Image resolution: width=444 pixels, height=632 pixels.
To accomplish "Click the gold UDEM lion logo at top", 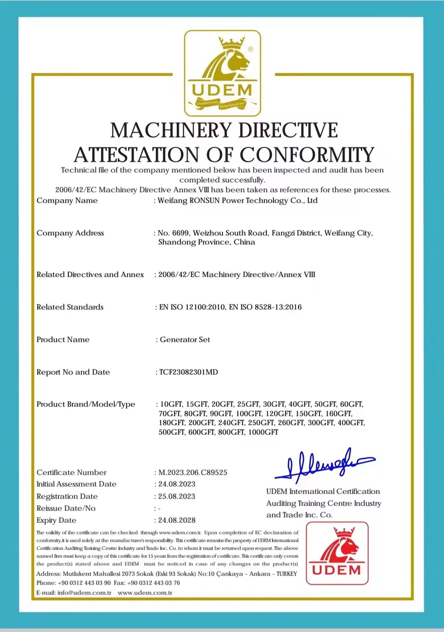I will pos(222,73).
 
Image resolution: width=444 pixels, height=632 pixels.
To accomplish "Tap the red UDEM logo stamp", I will pos(337,553).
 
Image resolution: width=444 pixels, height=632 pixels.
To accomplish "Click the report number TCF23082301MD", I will pos(188,372).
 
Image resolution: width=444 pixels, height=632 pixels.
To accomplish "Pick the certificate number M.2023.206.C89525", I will pos(193,472).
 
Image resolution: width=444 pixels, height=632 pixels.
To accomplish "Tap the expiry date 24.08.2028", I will pos(177,520).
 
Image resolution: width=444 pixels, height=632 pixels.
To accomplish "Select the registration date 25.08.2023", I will pos(177,496).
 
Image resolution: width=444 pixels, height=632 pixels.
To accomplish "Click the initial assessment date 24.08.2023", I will pos(177,484).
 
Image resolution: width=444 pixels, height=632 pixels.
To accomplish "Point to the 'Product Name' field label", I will pos(63,340).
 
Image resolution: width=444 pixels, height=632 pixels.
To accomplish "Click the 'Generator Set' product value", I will pos(185,340).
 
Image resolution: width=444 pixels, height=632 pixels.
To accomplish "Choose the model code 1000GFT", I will pos(263,432).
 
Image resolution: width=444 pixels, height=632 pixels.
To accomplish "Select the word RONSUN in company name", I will pos(204,201).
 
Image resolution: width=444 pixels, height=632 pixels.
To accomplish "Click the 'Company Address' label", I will pos(70,233).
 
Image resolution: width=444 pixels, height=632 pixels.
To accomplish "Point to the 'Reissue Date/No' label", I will pos(66,508).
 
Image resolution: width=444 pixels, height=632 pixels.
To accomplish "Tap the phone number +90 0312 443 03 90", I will pos(84,583).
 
